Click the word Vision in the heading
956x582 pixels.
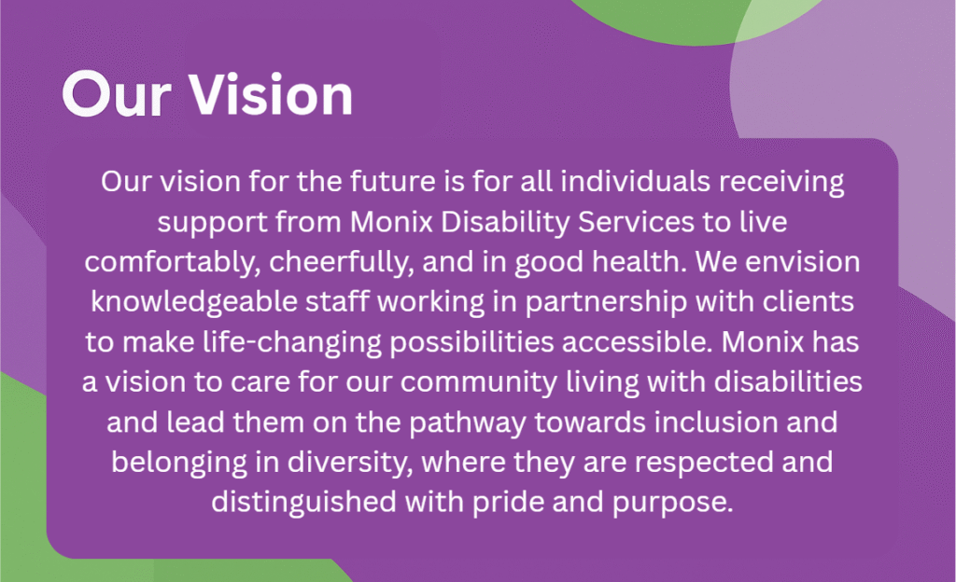[x=271, y=94]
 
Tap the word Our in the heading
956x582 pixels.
[x=116, y=95]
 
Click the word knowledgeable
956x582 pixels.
[x=194, y=303]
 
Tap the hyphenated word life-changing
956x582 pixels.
[x=291, y=343]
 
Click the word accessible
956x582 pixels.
[x=637, y=341]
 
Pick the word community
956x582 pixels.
[x=479, y=383]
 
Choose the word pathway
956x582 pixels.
[x=468, y=423]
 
